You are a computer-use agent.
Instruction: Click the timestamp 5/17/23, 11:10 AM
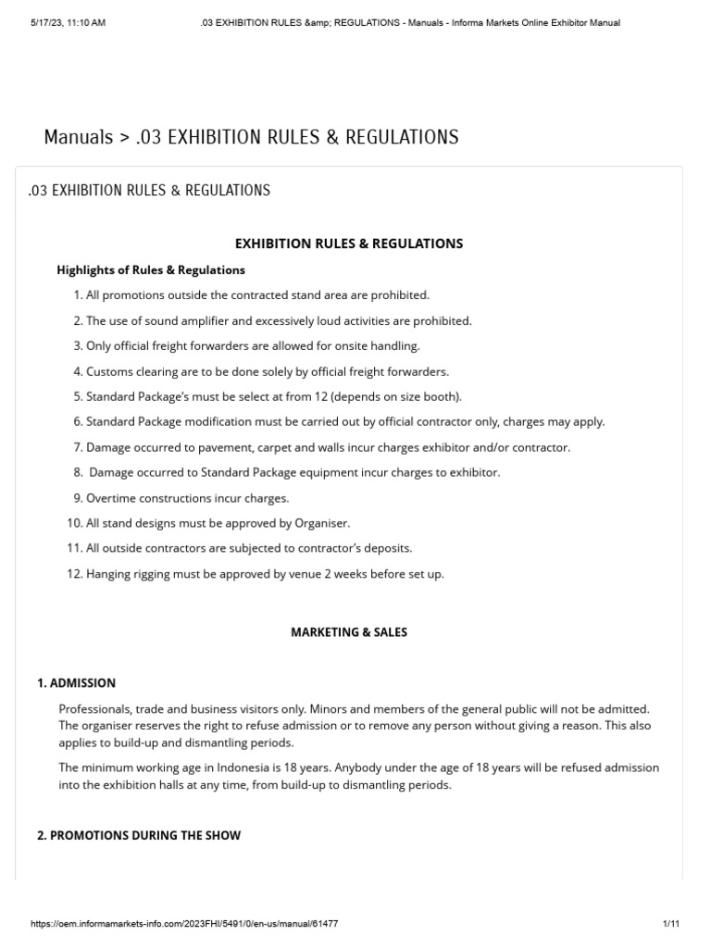click(67, 22)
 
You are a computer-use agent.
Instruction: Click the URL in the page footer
click(185, 924)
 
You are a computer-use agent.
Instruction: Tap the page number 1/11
click(671, 924)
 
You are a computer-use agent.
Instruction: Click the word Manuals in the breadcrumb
click(78, 138)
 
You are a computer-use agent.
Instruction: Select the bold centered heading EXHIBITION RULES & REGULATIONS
click(349, 243)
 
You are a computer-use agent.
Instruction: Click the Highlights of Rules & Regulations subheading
click(151, 270)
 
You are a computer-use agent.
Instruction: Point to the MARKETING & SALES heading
click(349, 632)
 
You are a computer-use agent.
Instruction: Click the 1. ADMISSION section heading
click(76, 683)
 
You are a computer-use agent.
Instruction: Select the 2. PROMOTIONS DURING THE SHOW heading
click(139, 835)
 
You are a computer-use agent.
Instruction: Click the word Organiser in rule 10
click(321, 523)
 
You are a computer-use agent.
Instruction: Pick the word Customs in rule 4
click(110, 371)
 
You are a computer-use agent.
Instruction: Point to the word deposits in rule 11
click(388, 548)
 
